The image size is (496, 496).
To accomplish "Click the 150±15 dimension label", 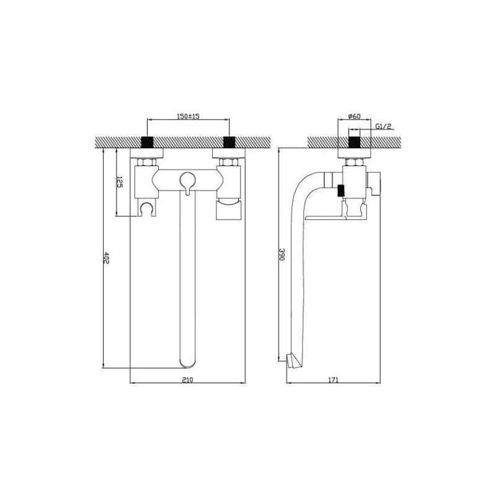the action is coord(188,116).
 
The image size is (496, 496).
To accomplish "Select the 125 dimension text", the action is coord(119,182).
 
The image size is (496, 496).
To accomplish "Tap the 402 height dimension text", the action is coord(106,258).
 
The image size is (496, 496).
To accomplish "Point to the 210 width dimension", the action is coord(188,379).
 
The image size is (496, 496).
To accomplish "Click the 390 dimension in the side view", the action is coord(281,254).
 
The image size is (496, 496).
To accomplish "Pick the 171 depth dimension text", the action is coord(333,379).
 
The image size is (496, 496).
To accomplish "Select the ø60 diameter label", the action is coord(354,116).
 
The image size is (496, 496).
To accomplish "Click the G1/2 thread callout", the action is coord(383,126).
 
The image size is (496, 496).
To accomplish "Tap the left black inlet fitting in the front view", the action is coord(147,142).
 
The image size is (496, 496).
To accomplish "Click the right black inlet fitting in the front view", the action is coord(229,142).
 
